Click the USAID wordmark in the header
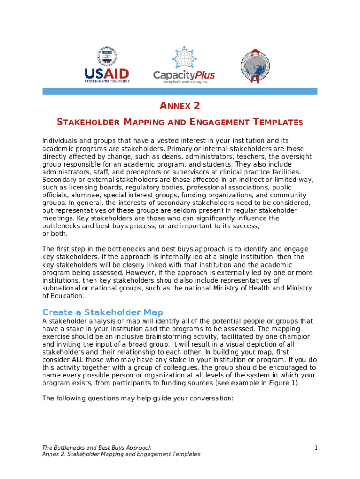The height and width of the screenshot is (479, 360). coord(107,74)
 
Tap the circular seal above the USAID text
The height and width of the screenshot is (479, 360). coord(107,56)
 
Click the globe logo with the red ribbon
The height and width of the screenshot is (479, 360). coord(255,65)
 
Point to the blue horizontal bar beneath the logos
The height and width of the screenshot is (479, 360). coord(180,92)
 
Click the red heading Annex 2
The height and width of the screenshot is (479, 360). coord(180,106)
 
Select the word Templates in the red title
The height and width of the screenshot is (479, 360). coord(278,123)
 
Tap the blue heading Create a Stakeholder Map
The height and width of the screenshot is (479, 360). coord(103,312)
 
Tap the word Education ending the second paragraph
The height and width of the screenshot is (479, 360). coord(68,296)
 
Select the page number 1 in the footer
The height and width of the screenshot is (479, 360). coord(316,448)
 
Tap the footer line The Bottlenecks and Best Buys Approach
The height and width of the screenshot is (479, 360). coord(97,448)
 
